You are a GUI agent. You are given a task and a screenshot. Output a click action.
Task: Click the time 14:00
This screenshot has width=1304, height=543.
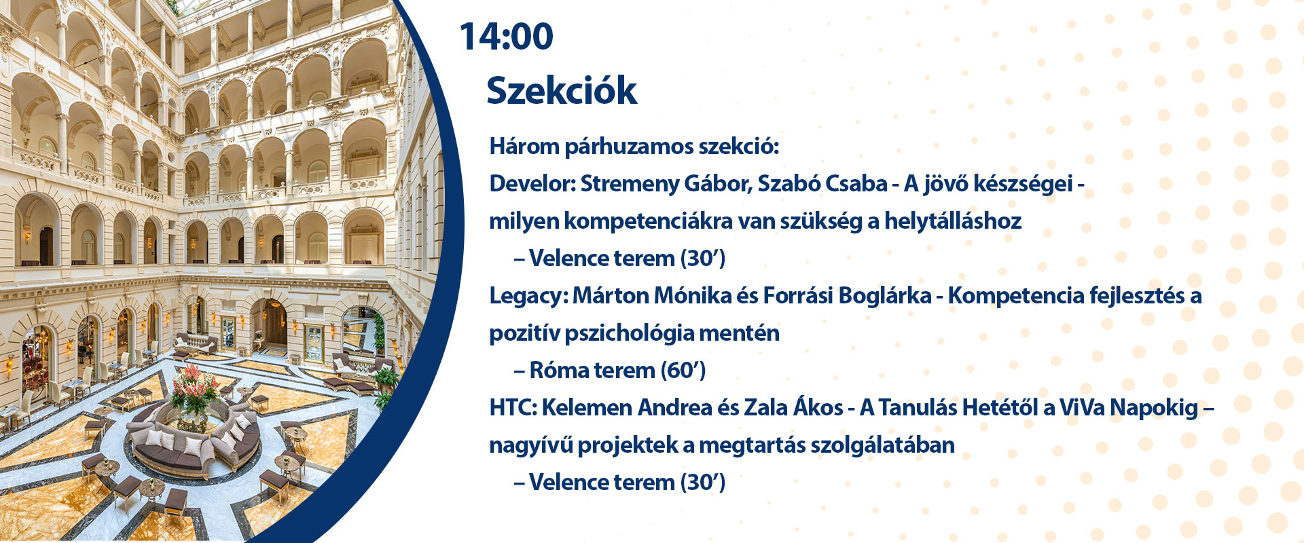click(507, 37)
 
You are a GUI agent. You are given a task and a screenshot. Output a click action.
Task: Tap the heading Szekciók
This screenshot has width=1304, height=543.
click(562, 90)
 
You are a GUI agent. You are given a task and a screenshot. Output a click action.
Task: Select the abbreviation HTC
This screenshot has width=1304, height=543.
click(513, 408)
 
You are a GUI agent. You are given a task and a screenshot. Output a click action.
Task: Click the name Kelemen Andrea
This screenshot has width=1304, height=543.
click(626, 408)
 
